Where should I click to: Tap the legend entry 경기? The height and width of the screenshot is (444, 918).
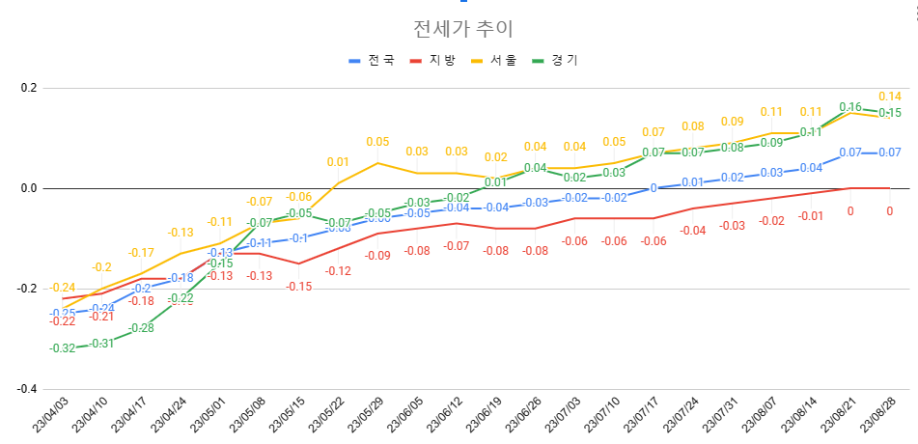point(561,60)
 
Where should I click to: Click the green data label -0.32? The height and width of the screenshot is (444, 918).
point(63,348)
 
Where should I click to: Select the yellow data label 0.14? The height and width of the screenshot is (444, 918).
point(889,97)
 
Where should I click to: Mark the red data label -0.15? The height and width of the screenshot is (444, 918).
point(299,286)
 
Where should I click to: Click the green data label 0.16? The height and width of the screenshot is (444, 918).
point(850,107)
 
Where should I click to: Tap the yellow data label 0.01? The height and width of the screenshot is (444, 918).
point(338,162)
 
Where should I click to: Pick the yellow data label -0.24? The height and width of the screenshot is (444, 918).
point(63,288)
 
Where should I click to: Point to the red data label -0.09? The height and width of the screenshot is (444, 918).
point(377,256)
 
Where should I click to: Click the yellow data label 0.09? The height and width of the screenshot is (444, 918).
point(732,122)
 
